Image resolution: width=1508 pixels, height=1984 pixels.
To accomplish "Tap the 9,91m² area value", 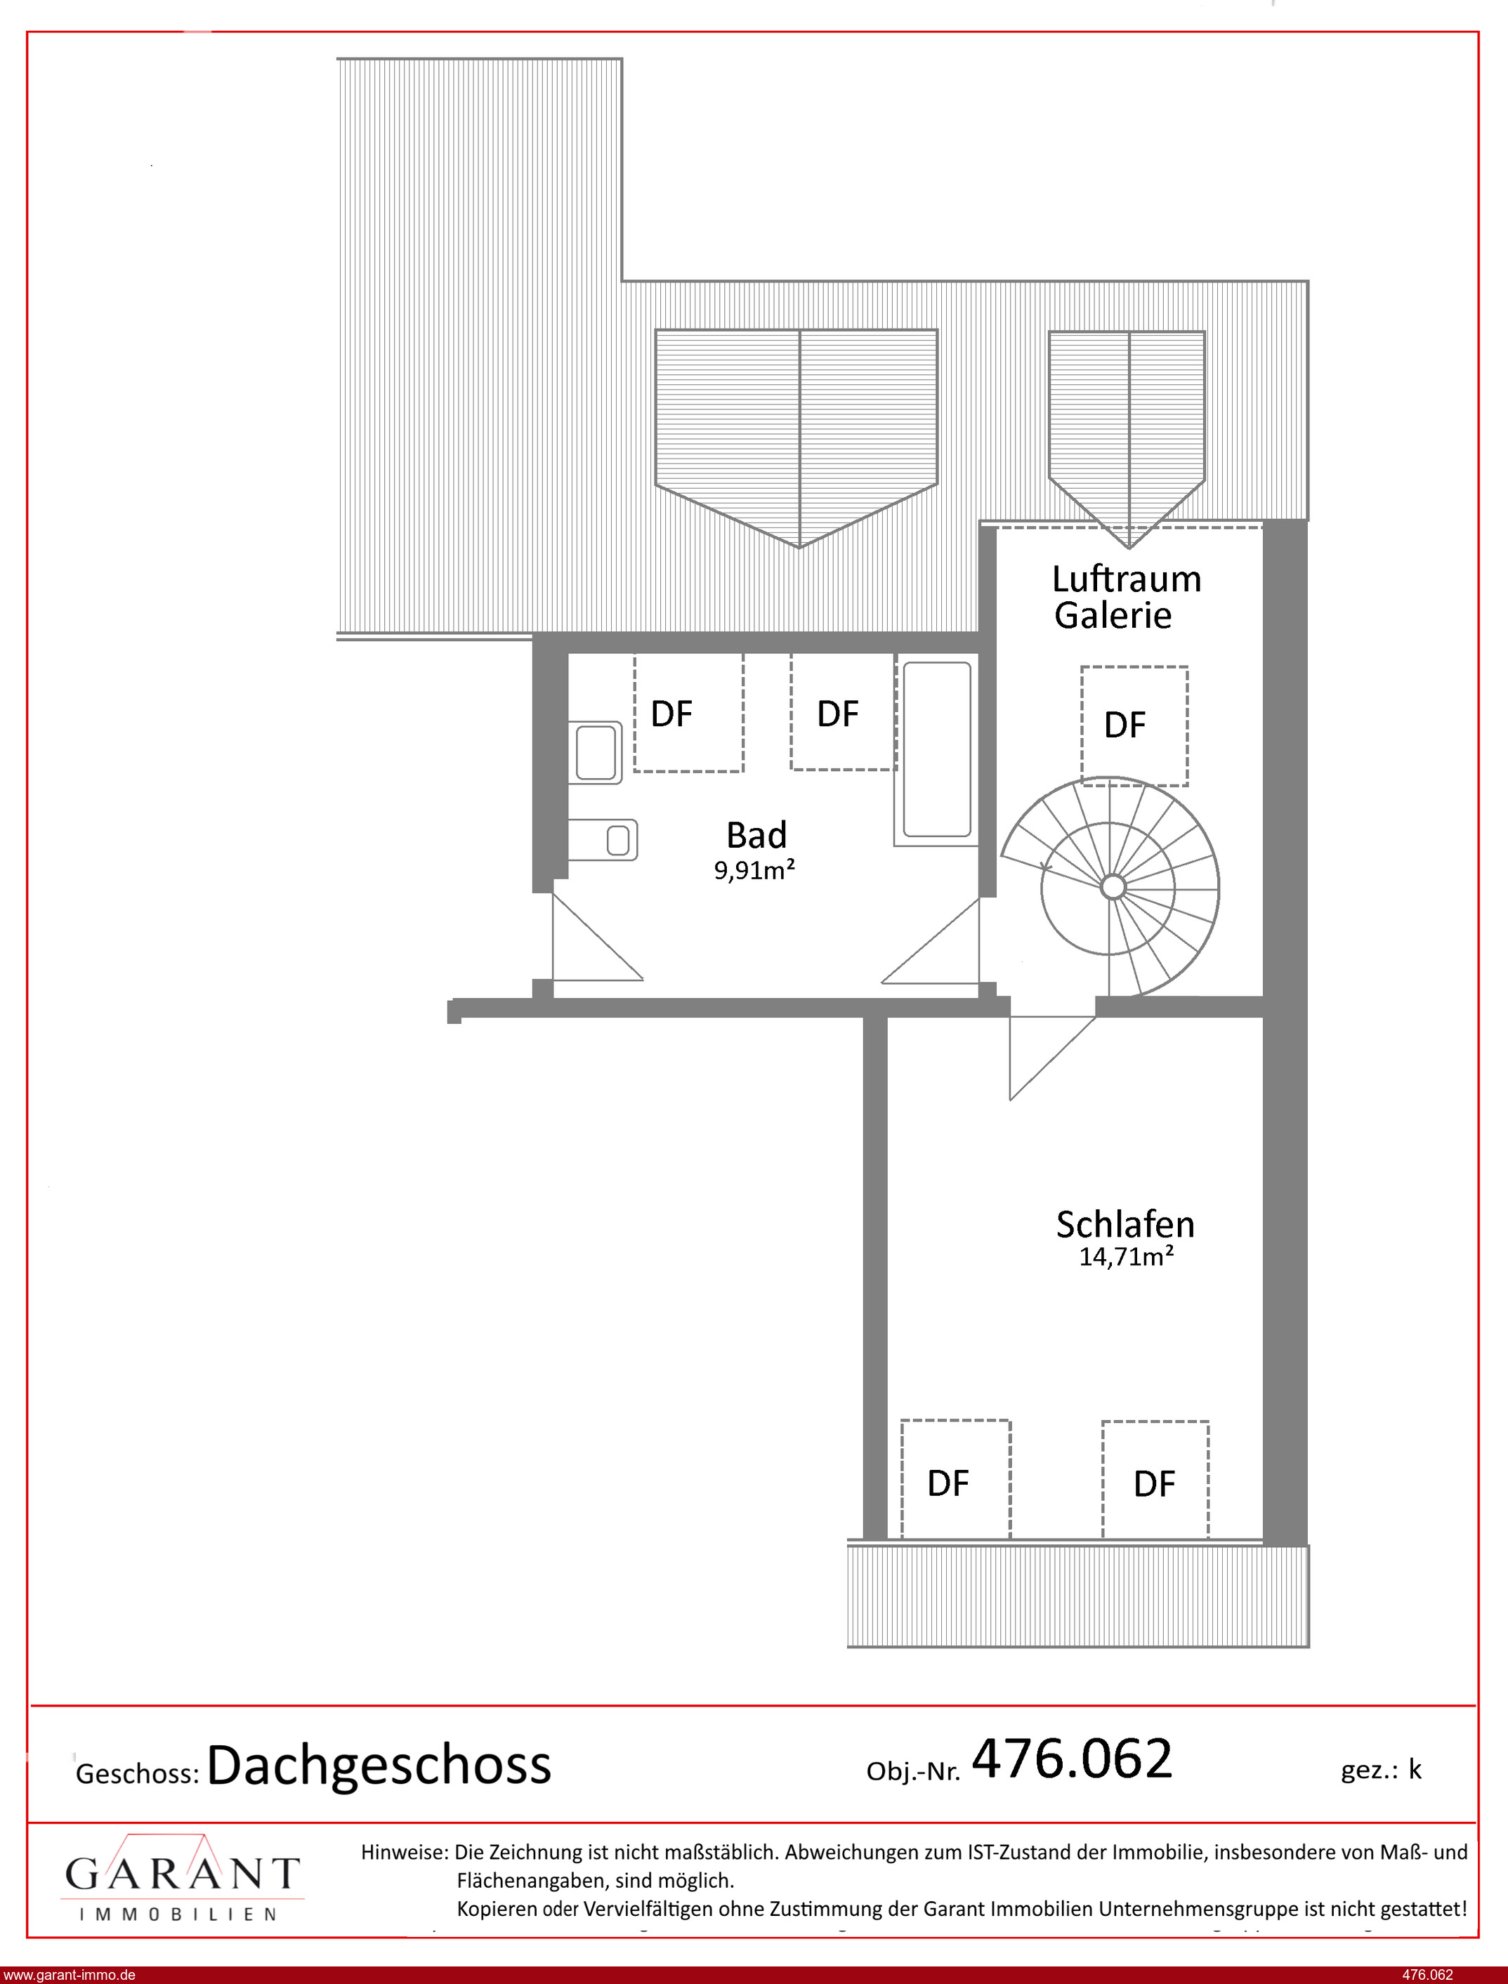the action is [754, 869].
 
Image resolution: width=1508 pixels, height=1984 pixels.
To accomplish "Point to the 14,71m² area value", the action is [1126, 1256].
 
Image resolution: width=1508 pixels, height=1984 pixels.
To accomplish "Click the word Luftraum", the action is [1126, 579].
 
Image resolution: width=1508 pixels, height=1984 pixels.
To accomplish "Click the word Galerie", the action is [1113, 616].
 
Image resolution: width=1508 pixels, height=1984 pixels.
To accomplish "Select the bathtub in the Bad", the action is [936, 749].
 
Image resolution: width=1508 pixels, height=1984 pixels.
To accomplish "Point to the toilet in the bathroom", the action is [603, 840].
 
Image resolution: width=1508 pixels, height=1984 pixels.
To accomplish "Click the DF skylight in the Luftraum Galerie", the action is [1134, 726].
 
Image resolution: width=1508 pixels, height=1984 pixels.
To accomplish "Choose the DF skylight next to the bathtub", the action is [843, 711].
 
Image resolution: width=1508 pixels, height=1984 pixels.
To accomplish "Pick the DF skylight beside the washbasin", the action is [688, 712].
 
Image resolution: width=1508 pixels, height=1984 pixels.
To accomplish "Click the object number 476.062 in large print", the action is [1072, 1758].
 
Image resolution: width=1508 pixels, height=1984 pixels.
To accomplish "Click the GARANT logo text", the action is [182, 1874].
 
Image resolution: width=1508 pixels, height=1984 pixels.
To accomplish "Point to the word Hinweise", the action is [404, 1851].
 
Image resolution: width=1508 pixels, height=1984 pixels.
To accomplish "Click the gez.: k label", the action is [1382, 1768].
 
